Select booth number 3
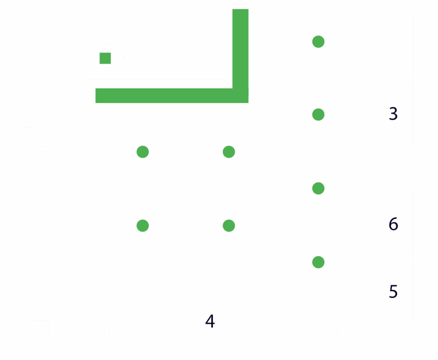click(393, 113)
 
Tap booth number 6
click(393, 223)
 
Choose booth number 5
click(393, 291)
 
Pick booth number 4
click(210, 320)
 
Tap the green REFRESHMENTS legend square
click(105, 58)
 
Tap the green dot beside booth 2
click(318, 41)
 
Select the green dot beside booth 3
click(318, 115)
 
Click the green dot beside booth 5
click(318, 262)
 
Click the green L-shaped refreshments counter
click(171, 95)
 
